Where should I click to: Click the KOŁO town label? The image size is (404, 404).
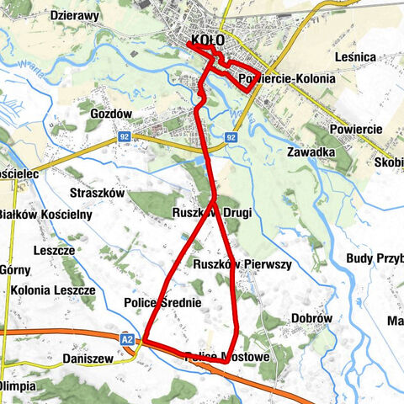pyautogui.click(x=208, y=40)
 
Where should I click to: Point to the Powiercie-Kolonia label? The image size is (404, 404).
pyautogui.click(x=286, y=78)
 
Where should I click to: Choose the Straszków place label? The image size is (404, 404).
pyautogui.click(x=98, y=193)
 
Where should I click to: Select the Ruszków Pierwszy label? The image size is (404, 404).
pyautogui.click(x=242, y=264)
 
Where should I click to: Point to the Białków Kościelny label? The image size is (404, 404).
pyautogui.click(x=45, y=214)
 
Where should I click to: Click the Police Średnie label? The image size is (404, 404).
pyautogui.click(x=162, y=301)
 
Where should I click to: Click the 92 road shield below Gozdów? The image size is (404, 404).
pyautogui.click(x=124, y=135)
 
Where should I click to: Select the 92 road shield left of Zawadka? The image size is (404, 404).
pyautogui.click(x=231, y=136)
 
